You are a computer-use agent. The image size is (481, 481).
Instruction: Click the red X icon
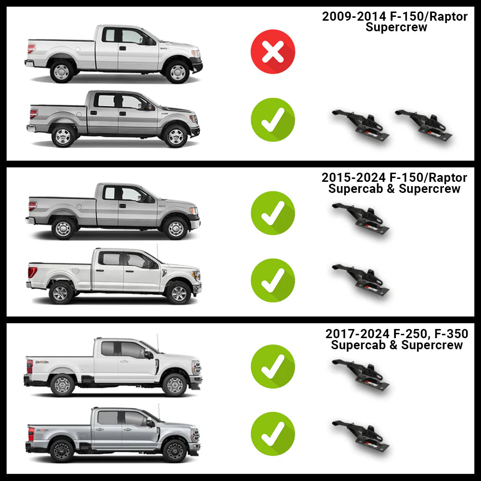point(273,51)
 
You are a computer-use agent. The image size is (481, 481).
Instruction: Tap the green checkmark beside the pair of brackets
point(273,120)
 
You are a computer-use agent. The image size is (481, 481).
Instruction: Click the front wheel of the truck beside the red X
point(177,73)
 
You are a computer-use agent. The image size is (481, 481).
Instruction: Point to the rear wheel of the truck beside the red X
point(62,72)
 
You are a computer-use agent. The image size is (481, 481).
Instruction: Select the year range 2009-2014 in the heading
point(354,16)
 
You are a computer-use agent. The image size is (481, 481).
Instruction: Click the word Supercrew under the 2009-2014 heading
point(396,27)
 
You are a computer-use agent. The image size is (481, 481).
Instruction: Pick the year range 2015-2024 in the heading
point(354,177)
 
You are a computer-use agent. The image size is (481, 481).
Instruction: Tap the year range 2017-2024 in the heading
point(357,334)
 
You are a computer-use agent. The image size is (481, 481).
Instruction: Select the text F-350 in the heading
point(451,334)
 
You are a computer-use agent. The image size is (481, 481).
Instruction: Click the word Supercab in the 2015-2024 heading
point(355,189)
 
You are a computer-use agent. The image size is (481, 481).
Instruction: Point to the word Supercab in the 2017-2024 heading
point(358,345)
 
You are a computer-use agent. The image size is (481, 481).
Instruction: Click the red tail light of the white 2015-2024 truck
point(32,272)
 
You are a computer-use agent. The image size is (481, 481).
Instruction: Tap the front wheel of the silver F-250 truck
point(175,451)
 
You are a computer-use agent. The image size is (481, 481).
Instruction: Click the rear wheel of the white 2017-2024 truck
point(62,385)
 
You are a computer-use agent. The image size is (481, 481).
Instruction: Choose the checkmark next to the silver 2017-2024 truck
point(273,434)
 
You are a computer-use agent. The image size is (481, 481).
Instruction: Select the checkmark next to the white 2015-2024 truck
point(273,280)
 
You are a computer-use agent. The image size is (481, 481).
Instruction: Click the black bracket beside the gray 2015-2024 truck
point(361,219)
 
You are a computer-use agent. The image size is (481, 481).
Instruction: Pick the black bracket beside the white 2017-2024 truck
point(361,376)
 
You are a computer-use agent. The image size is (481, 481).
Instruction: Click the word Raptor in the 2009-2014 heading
point(448,17)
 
